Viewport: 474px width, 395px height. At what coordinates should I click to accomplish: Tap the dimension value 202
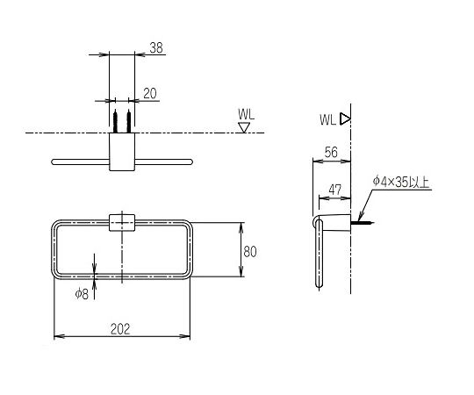121,329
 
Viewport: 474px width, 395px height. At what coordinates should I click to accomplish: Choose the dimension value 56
331,152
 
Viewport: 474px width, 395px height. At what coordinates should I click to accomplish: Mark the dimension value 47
335,189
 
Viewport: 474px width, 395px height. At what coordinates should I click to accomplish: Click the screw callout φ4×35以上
401,182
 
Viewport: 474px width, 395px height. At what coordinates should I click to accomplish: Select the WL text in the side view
327,118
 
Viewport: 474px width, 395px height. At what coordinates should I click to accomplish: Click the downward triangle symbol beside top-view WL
245,127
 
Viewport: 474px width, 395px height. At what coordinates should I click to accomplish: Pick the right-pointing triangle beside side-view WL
346,118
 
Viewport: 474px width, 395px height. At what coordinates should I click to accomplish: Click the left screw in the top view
115,118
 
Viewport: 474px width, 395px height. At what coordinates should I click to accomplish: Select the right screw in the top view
128,118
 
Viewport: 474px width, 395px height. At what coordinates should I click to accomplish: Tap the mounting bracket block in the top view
121,153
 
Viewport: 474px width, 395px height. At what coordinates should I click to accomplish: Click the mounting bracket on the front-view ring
121,221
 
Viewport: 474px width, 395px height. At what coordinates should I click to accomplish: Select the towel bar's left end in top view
57,162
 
